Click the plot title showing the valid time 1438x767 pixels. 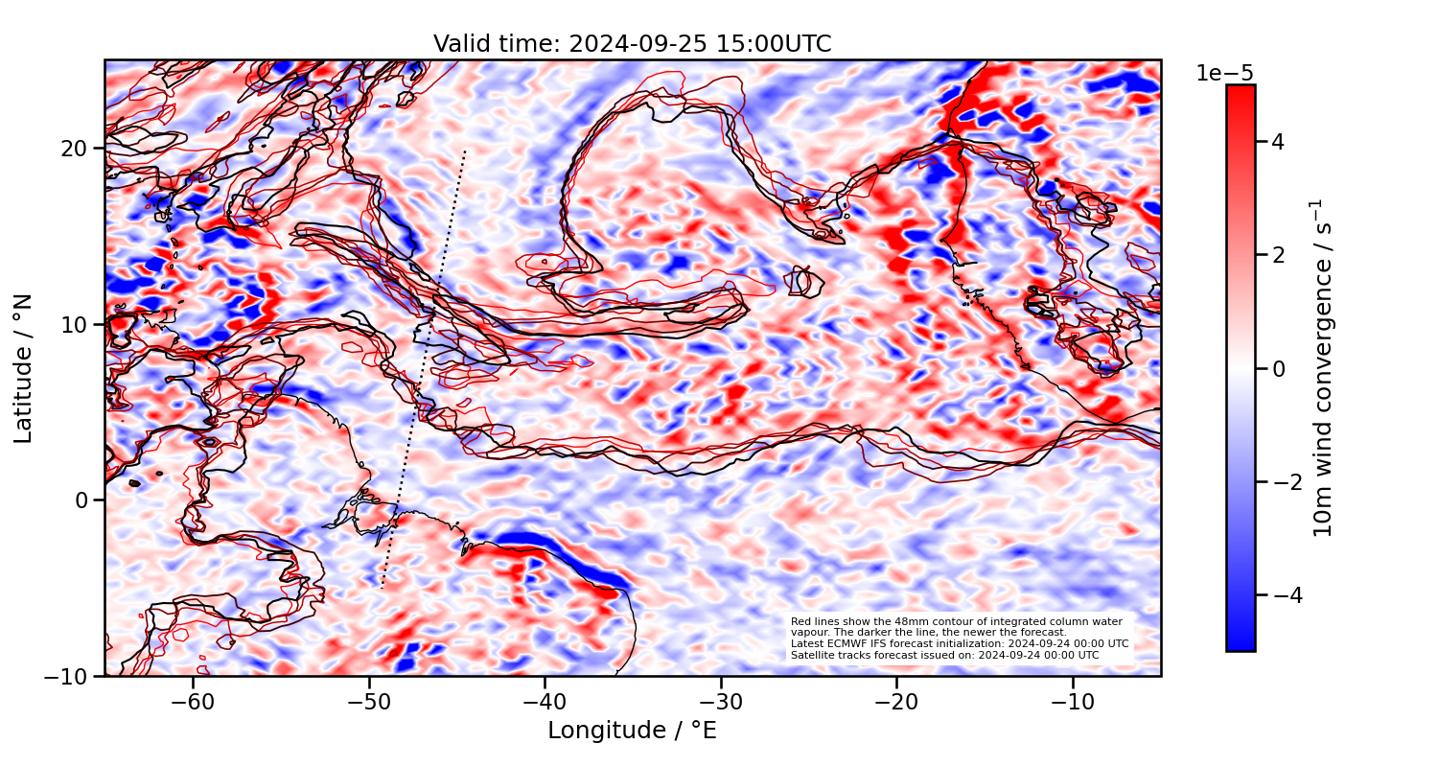point(632,44)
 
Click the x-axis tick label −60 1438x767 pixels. point(193,703)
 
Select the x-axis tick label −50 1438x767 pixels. point(369,703)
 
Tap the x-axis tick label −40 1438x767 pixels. point(545,703)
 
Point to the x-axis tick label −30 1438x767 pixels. point(721,703)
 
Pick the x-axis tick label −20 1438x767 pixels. point(896,703)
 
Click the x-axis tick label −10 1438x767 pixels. point(1073,703)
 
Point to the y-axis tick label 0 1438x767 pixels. point(83,500)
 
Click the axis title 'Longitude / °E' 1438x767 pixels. point(632,731)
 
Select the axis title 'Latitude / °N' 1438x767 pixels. point(24,368)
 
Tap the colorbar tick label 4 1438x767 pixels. point(1277,142)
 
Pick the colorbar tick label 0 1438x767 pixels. point(1277,368)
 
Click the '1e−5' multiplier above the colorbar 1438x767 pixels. point(1224,74)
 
